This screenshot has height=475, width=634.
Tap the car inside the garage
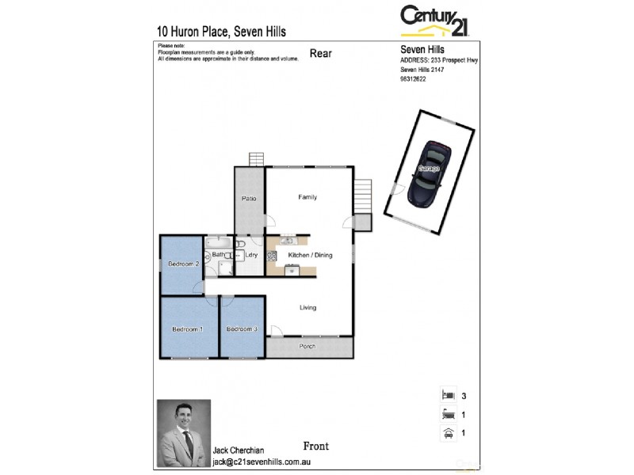[x=429, y=173]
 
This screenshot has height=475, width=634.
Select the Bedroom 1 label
[x=188, y=329]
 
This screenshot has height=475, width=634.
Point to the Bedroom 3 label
[x=242, y=329]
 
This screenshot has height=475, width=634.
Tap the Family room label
[x=307, y=197]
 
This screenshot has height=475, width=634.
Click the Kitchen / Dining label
[x=310, y=255]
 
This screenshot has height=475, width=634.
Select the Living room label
[x=307, y=308]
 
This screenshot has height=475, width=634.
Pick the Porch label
[x=307, y=347]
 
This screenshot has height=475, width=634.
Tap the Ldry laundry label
[x=251, y=255]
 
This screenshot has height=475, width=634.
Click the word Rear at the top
[x=320, y=54]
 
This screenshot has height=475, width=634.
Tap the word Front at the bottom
[x=315, y=446]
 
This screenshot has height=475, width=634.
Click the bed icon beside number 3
[x=448, y=394]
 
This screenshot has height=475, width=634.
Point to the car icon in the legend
[x=448, y=432]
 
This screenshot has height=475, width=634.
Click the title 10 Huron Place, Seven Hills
[x=222, y=32]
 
